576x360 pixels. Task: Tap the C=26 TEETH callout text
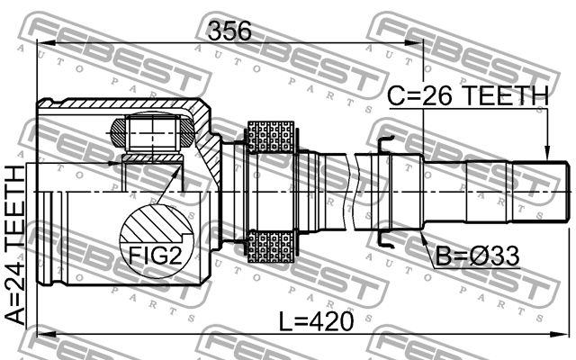click(x=467, y=95)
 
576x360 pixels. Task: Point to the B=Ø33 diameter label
click(x=478, y=257)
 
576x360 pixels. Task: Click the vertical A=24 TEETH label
click(x=15, y=244)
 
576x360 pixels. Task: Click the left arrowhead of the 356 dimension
click(x=41, y=45)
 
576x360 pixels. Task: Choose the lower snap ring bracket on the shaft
click(x=386, y=241)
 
